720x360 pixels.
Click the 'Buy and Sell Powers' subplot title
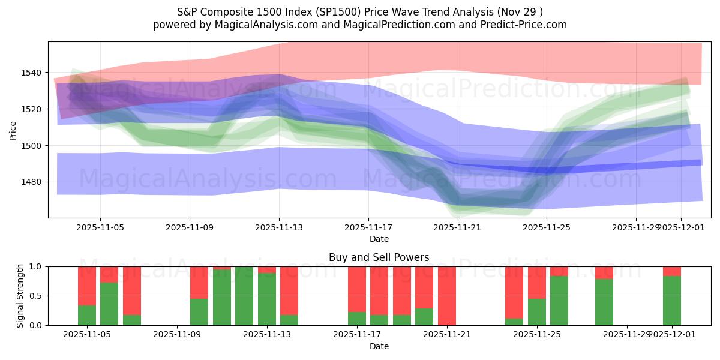(x=379, y=257)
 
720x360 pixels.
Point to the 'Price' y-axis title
(x=13, y=130)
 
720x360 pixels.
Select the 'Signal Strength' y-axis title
(x=20, y=295)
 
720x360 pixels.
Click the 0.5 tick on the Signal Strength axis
(x=35, y=296)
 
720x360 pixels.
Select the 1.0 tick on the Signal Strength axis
(x=35, y=266)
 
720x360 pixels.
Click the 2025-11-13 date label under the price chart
(x=279, y=228)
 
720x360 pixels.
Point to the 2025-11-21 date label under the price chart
(x=458, y=228)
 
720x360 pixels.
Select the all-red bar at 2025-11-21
(x=447, y=295)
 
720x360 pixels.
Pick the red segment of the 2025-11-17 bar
(x=357, y=289)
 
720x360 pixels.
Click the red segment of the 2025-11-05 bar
(x=87, y=286)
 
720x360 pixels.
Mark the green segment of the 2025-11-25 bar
(x=537, y=312)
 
